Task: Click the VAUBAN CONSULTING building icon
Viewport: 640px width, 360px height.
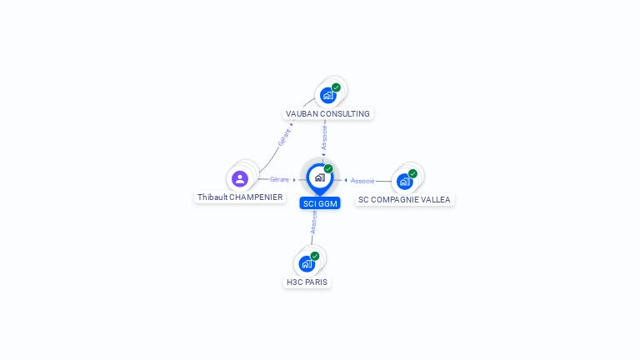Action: point(328,95)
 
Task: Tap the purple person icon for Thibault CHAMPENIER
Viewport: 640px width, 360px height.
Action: point(240,178)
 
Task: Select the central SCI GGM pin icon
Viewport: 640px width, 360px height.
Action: point(319,177)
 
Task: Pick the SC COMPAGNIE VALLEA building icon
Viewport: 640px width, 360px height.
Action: point(404,181)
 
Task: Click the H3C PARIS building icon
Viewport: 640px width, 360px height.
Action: point(307,263)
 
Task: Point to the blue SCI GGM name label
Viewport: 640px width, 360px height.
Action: point(320,203)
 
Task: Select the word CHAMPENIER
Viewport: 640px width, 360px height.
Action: point(256,197)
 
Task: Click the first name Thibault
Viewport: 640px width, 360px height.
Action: point(212,197)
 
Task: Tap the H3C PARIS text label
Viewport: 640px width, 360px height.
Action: point(307,282)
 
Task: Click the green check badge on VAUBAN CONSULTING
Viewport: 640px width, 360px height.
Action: point(336,87)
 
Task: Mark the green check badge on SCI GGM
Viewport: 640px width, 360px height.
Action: point(328,169)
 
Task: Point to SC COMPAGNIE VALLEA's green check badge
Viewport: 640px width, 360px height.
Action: point(412,173)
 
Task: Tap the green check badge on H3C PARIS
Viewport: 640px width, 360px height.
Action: point(315,256)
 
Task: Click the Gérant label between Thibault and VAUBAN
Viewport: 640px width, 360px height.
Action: point(284,137)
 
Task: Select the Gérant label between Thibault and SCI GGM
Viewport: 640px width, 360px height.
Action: point(279,179)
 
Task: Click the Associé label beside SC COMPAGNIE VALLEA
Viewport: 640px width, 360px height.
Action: point(362,181)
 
